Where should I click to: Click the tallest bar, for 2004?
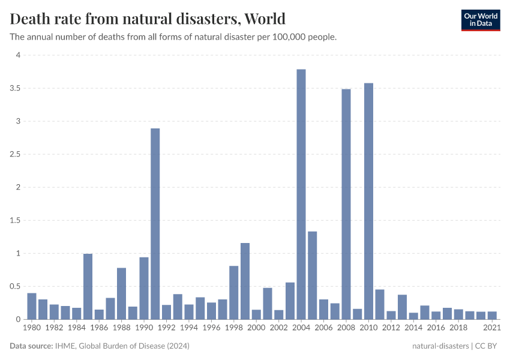301,194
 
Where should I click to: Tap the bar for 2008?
346,204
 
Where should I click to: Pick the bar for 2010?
368,201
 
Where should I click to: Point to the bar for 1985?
88,287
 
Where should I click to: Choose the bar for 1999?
245,281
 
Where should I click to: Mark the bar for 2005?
313,275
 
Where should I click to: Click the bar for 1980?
32,306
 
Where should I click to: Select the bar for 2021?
492,316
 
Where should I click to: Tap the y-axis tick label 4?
18,55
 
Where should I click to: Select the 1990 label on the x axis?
144,328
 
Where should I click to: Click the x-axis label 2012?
391,328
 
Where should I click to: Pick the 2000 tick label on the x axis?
256,328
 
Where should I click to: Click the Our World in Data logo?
480,20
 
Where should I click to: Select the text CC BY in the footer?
488,346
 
